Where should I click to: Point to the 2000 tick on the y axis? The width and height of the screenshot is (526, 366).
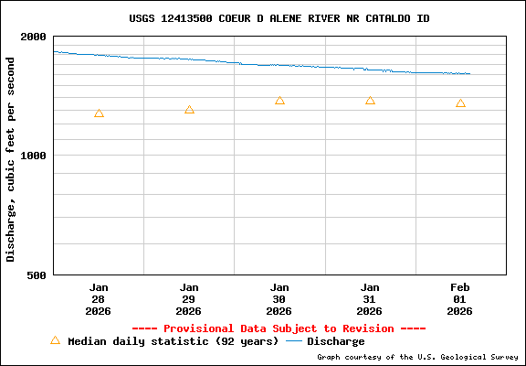pos(35,37)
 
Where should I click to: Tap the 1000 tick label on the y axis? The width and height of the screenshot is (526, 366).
pos(35,156)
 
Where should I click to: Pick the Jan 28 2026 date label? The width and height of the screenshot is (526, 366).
pos(99,299)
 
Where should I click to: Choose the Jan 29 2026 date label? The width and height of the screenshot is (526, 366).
pos(189,299)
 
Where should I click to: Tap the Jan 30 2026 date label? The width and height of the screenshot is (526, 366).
pos(279,299)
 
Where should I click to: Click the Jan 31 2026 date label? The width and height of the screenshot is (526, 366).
pos(370,299)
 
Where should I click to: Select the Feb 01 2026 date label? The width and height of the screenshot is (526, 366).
pos(460,299)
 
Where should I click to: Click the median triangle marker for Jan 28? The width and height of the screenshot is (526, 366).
pos(99,113)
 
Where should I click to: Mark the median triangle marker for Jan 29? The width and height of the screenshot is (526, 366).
pos(189,110)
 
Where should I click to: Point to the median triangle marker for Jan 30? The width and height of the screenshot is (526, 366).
pos(279,101)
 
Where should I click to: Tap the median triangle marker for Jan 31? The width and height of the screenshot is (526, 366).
pos(370,101)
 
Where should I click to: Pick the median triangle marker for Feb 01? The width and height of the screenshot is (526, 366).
pos(460,103)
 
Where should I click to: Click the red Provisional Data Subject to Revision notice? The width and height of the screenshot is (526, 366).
pos(279,328)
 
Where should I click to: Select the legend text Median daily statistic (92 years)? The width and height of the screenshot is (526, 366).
pos(173,341)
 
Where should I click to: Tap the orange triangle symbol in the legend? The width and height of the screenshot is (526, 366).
pos(55,340)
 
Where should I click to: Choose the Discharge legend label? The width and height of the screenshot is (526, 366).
pos(335,341)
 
